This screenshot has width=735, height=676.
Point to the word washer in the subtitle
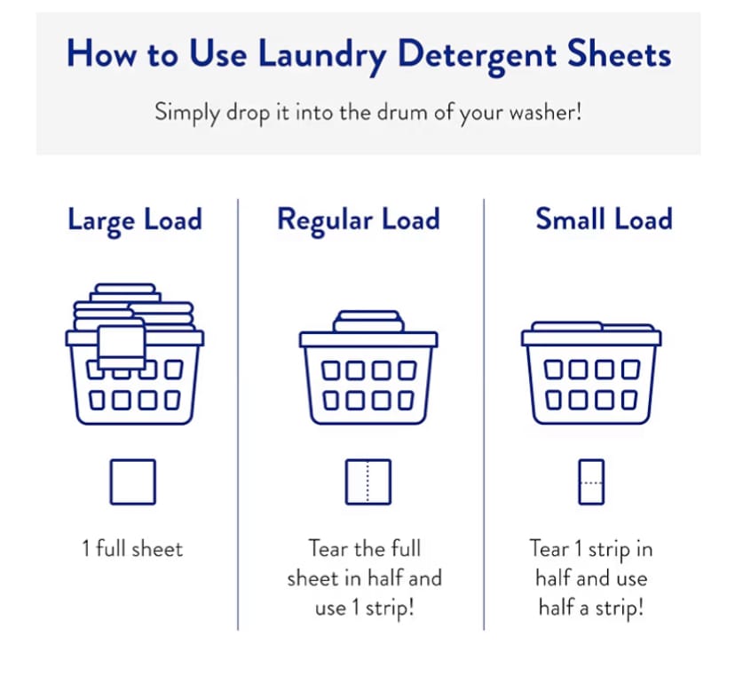click(547, 113)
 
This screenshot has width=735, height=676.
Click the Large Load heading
click(134, 219)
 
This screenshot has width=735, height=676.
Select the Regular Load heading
click(358, 219)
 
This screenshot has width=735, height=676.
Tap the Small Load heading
click(604, 219)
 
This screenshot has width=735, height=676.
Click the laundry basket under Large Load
click(134, 373)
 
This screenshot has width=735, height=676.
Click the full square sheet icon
click(133, 481)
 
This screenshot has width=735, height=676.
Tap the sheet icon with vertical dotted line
click(367, 481)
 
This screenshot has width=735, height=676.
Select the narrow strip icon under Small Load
click(590, 481)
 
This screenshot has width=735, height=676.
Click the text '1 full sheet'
click(133, 549)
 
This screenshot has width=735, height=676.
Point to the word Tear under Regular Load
click(328, 549)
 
